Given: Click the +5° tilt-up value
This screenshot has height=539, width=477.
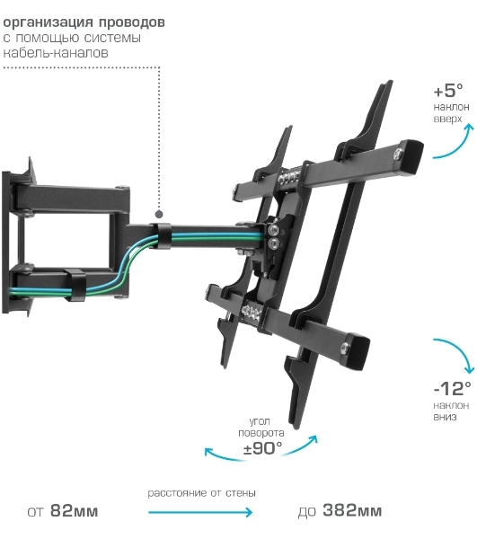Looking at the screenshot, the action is coord(448,91).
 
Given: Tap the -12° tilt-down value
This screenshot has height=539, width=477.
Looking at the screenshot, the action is coord(452,388).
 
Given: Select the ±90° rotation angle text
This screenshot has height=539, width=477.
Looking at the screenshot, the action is coord(263,448).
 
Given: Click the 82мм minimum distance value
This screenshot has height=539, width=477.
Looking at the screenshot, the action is coord(75,510).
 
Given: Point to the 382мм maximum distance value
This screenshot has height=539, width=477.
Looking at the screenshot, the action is coord(352,510).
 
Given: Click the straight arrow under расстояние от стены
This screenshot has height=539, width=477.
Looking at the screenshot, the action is coord(200,512).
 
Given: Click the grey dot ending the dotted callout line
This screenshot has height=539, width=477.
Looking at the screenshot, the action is coord(159,215).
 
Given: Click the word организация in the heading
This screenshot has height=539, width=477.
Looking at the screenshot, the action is coord(49,22).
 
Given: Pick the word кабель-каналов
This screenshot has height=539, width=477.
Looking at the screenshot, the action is coord(56,53).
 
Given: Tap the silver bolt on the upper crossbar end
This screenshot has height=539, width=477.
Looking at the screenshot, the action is coord(399,153).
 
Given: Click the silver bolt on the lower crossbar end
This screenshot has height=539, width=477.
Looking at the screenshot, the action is coord(345,349).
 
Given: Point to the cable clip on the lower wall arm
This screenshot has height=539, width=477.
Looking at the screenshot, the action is coord(75,285).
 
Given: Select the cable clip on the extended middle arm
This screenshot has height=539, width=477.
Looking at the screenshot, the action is coord(163,236).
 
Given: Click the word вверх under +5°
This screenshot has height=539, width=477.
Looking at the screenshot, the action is coord(447,119).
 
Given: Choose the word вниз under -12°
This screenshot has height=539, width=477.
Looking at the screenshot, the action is coord(445,418).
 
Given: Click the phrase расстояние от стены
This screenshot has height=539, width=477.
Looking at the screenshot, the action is coord(202,493).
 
